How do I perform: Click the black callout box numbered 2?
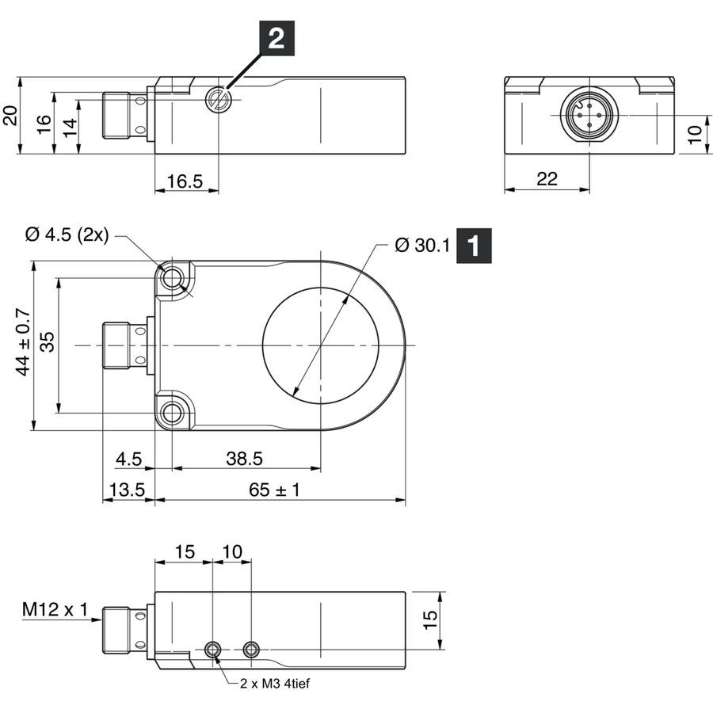coord(276,38)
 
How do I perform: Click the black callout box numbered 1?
coord(474,246)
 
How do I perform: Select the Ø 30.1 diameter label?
coord(422,245)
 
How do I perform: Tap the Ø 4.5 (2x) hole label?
coord(67,234)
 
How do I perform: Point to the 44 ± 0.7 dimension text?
coord(23,342)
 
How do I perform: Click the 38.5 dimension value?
coord(244,459)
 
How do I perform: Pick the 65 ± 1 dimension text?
coord(274,490)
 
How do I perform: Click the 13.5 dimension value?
coord(127,490)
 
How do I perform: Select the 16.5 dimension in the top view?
coord(185,181)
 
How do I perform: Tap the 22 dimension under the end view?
coord(547,179)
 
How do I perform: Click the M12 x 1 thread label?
coord(55,609)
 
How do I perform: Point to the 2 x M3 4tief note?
coord(275,683)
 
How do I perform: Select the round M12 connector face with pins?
coord(589,115)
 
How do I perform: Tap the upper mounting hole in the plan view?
coord(172,277)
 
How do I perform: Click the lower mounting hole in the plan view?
coord(172,414)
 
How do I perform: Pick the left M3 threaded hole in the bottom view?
coord(212,650)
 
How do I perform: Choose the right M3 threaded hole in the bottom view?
coord(251,650)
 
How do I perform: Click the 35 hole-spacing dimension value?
coord(48,342)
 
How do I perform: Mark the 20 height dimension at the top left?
coord(10,116)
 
